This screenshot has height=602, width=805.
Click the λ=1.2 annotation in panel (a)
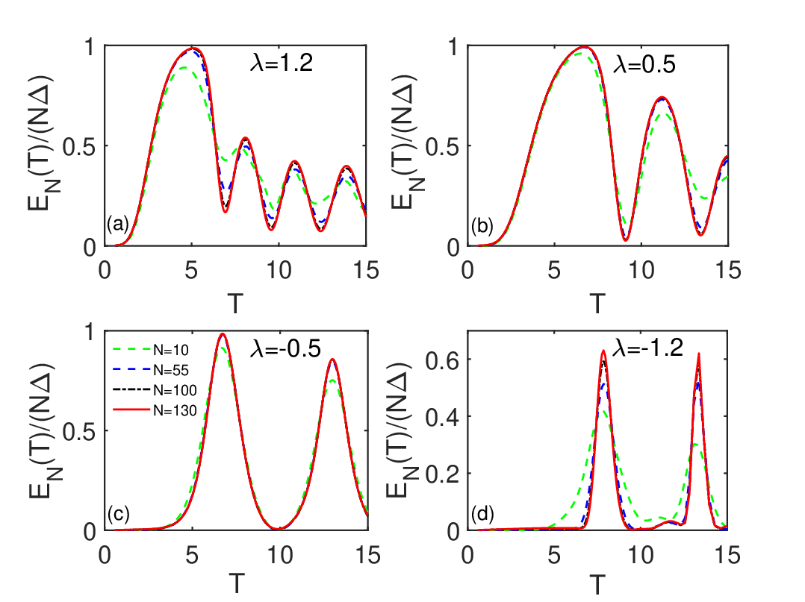[x=282, y=63]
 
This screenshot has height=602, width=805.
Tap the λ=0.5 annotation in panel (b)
[x=644, y=65]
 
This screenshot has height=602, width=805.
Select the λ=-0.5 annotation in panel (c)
[x=285, y=348]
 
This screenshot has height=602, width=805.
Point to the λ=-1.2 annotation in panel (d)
[x=648, y=348]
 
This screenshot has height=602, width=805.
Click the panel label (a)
[x=117, y=224]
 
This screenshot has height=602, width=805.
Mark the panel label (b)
[x=482, y=225]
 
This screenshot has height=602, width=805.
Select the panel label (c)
[x=118, y=514]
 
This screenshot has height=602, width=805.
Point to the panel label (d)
[x=482, y=514]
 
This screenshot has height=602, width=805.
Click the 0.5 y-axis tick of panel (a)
[x=79, y=147]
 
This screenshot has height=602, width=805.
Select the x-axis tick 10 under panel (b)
[x=641, y=270]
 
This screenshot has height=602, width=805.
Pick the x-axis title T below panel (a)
[x=234, y=304]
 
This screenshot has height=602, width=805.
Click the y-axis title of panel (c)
[x=44, y=431]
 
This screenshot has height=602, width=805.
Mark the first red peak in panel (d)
[x=603, y=351]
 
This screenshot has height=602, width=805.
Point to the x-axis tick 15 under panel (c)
[x=367, y=555]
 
